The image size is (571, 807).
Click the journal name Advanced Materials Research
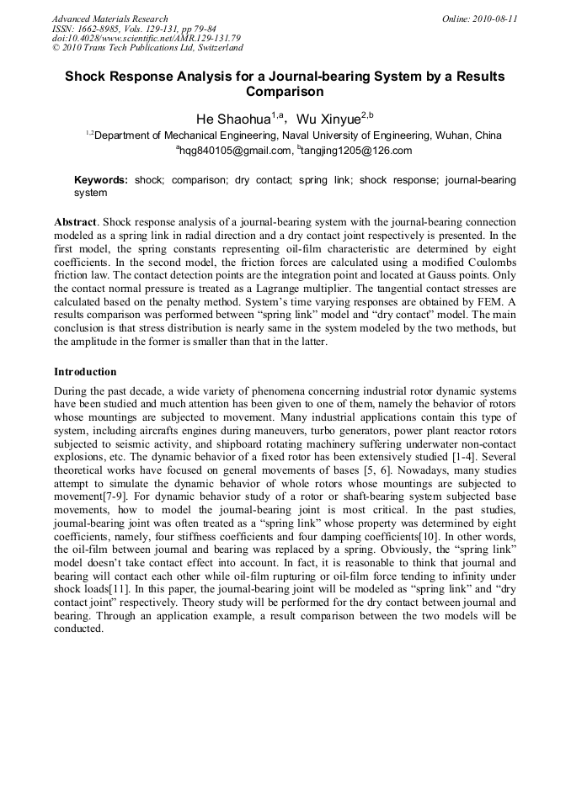(x=109, y=19)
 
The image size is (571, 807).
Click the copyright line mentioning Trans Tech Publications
(x=147, y=48)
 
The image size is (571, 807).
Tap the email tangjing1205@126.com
(x=344, y=151)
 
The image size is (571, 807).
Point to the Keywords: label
(x=101, y=180)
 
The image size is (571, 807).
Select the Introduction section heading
(x=85, y=371)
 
